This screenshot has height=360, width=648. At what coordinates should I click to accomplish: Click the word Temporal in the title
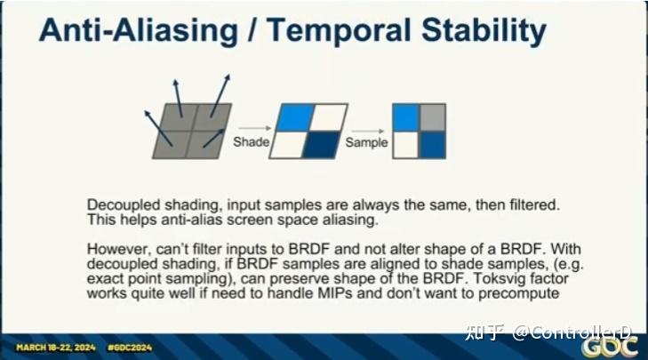point(342,32)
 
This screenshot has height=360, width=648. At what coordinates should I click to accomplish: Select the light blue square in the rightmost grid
point(406,118)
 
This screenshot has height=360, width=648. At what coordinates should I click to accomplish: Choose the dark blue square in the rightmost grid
point(432,144)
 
